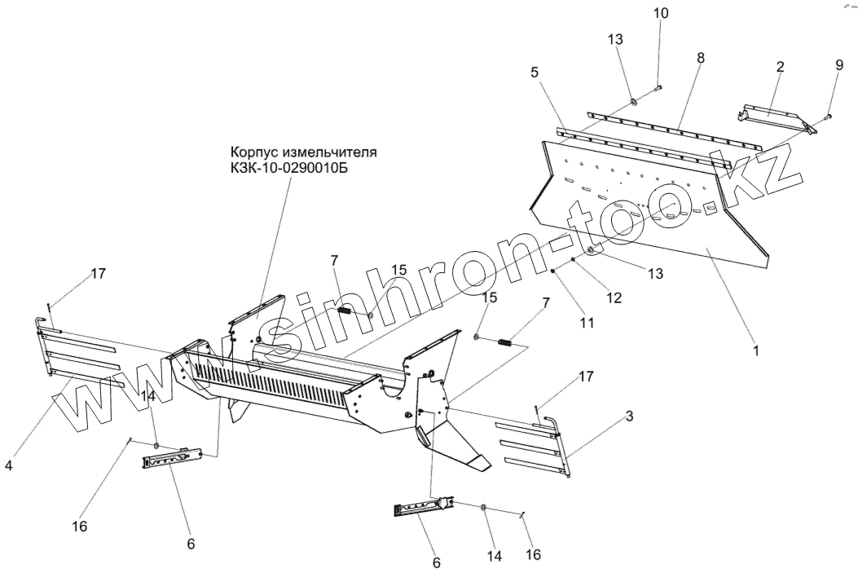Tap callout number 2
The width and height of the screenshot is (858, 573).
780,67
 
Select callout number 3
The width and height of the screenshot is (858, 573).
629,417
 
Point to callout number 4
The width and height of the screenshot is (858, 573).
8,466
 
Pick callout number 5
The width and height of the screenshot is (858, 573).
534,72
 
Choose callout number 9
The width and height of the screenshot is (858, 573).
839,65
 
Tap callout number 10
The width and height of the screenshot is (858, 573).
660,14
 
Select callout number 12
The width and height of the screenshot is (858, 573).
614,298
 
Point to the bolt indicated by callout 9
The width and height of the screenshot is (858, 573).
828,117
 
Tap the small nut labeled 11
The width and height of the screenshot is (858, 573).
553,272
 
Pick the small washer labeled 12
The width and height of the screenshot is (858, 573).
574,261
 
